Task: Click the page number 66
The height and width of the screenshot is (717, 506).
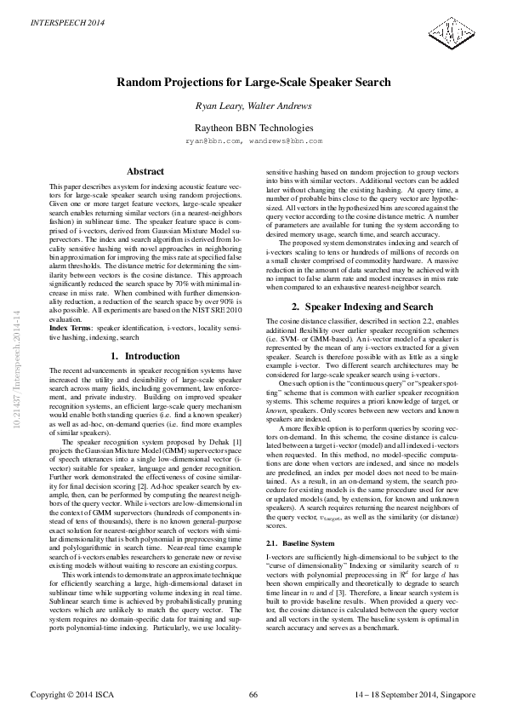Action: (x=253, y=696)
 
